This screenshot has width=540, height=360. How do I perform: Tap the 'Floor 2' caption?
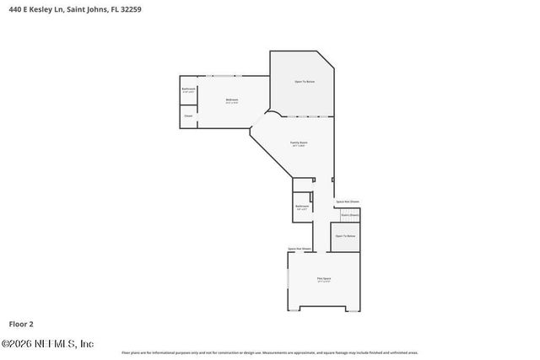(22, 323)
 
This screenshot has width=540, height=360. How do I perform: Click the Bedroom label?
(232, 100)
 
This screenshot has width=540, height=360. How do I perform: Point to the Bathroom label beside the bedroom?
(188, 89)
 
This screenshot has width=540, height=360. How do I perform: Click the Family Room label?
(299, 144)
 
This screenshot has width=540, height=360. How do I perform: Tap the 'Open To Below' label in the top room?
(305, 81)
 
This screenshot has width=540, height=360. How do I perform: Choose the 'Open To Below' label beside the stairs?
(345, 236)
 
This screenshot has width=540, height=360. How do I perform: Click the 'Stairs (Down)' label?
(349, 215)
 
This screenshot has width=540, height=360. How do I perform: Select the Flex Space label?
(323, 279)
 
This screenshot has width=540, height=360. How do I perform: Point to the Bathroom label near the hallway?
(302, 207)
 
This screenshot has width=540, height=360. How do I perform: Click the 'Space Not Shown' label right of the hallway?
(348, 201)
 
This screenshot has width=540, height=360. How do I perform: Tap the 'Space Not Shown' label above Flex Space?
(300, 249)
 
